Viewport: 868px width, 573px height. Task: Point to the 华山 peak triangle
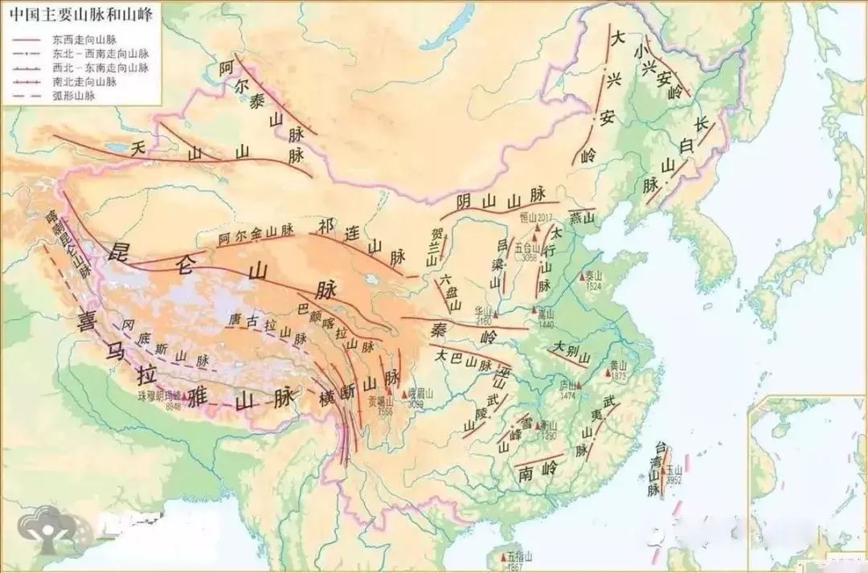[497, 313]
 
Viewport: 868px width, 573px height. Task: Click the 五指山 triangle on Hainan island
[505, 556]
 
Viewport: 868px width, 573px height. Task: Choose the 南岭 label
[538, 469]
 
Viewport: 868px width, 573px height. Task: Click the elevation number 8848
[173, 406]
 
